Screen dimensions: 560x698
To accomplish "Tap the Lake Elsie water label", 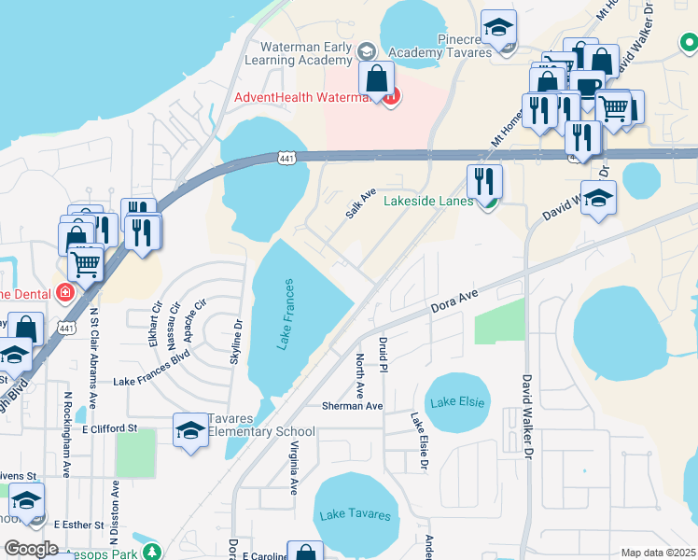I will (x=457, y=401).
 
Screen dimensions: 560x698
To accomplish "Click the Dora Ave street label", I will (x=454, y=301).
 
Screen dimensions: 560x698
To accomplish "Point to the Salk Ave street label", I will (x=360, y=203).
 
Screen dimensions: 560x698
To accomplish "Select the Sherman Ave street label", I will (x=352, y=406).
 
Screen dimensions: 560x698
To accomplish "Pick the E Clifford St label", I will (x=109, y=428).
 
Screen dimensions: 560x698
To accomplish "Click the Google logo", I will (x=31, y=549).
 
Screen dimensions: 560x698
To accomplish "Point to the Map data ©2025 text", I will (x=658, y=553).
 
